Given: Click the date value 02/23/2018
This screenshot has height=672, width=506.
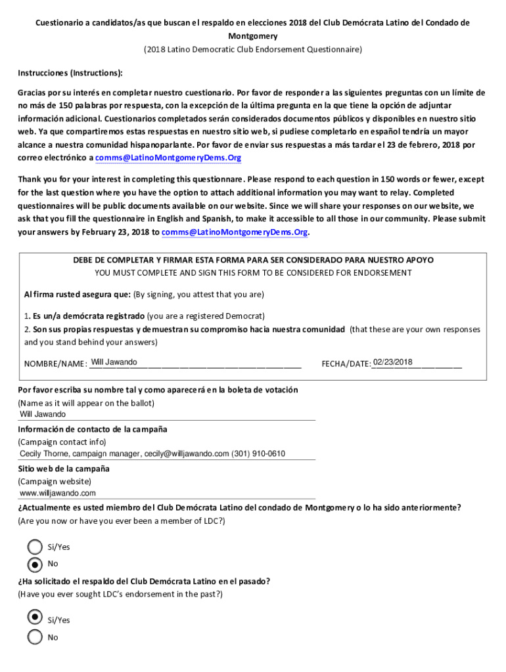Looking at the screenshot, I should [392, 362].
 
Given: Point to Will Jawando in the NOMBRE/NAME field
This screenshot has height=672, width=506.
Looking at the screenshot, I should [114, 362].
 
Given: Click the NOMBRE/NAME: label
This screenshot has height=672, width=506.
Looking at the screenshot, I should [55, 364].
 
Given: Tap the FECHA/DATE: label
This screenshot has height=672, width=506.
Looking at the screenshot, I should [346, 364].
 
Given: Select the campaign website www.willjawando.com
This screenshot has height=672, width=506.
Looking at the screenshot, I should [58, 493].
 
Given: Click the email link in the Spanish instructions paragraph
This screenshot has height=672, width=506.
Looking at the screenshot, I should [168, 157].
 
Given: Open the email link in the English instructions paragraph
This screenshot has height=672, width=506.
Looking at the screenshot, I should [235, 232].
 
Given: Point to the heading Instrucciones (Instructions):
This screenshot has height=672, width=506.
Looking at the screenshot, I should [70, 72].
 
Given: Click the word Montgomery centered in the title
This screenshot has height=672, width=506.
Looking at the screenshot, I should [253, 36].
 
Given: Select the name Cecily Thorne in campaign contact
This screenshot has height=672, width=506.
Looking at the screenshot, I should [44, 453].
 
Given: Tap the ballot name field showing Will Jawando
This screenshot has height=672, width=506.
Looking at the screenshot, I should [43, 414].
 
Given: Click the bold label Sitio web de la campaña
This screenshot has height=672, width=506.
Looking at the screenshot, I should [63, 469].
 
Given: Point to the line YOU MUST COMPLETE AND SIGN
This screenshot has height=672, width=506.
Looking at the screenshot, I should [253, 272].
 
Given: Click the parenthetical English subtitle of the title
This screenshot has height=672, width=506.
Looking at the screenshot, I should [253, 49].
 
